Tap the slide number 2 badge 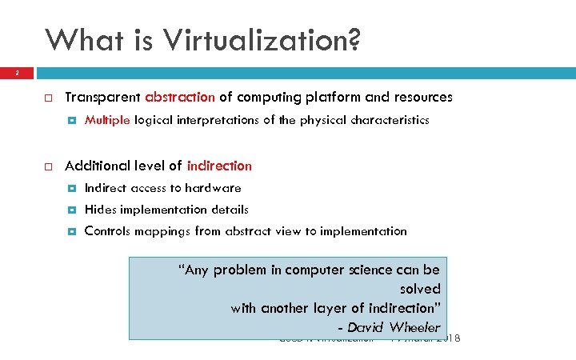coord(16,73)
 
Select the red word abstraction coord(180,98)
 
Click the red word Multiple coord(107,120)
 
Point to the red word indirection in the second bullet coord(218,166)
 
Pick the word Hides coord(100,210)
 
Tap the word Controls coord(109,231)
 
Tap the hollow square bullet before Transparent coord(48,98)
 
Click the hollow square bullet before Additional coord(48,166)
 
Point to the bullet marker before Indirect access coord(72,189)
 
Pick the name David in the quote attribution coord(366,327)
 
